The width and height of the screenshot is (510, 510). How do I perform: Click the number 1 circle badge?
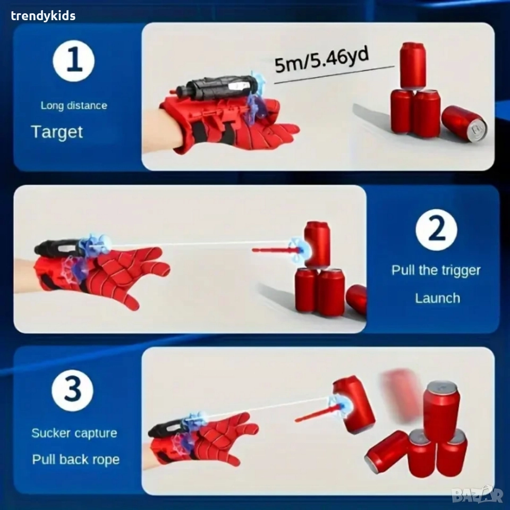[74, 61]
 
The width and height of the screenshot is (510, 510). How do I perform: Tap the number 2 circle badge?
[436, 229]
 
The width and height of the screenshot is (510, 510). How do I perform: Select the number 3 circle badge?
[73, 390]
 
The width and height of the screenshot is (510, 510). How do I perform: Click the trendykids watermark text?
[43, 15]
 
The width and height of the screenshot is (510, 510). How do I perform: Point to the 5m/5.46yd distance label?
[321, 59]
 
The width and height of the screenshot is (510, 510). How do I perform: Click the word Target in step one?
[57, 132]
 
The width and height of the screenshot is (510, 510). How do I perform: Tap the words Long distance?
[74, 105]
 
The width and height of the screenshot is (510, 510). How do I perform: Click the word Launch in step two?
[437, 298]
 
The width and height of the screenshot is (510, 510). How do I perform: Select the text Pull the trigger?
[436, 270]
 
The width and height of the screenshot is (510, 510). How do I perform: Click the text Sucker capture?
[74, 433]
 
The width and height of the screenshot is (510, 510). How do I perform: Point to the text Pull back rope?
[76, 460]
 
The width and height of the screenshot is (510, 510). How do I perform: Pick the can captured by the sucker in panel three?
[354, 404]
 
